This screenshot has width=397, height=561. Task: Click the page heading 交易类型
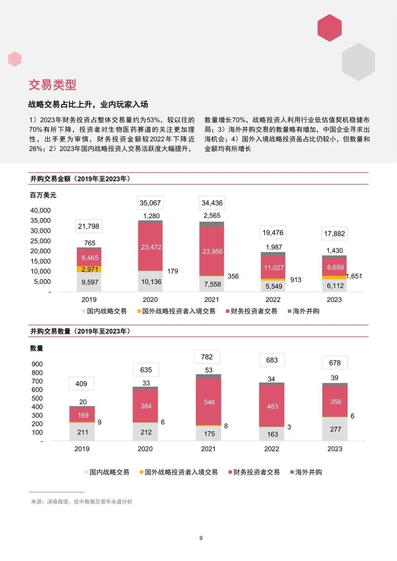point(53,85)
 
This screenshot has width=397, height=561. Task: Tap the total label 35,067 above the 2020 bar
point(150,203)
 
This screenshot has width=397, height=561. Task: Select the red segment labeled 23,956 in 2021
point(212,251)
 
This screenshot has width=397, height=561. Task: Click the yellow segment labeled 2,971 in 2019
point(89,269)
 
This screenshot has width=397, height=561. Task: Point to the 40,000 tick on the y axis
point(40,211)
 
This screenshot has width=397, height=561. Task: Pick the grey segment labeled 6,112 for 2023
point(335,285)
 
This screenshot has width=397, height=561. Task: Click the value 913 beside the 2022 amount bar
point(296,280)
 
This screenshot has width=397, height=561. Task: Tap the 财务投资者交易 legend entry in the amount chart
point(254,311)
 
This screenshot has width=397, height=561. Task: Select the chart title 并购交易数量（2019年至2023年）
point(80,331)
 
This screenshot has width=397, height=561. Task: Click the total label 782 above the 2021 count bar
point(207,357)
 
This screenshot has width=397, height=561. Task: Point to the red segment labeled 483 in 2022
point(272,406)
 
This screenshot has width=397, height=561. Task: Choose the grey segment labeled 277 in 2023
point(335,429)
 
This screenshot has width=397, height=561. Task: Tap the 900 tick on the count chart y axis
point(37,364)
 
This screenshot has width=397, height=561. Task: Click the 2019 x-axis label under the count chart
point(82,449)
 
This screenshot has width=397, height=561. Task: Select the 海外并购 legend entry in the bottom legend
point(308,472)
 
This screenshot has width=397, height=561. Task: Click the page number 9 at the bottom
point(201,538)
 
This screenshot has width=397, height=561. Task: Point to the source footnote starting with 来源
point(82,501)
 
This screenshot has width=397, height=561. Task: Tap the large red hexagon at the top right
point(329,28)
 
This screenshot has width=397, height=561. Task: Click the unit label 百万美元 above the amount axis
point(43,195)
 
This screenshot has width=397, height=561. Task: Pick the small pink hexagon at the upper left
point(15,59)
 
